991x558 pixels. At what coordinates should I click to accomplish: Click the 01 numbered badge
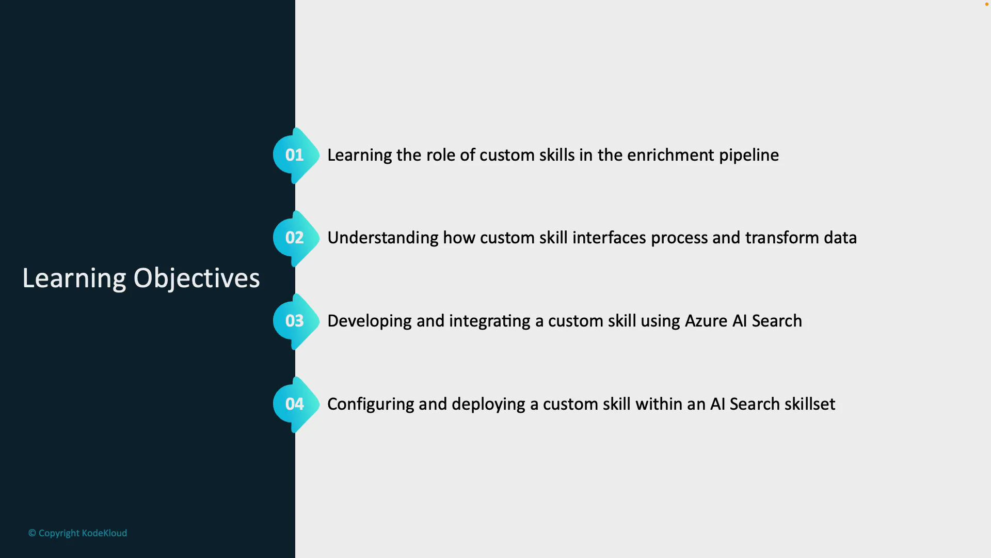pos(295,155)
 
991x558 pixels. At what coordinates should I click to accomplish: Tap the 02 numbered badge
pos(295,238)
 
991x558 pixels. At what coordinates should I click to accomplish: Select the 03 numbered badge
pos(295,321)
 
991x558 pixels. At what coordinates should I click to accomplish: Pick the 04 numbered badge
pos(295,404)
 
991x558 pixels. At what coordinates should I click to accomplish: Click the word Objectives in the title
pos(197,279)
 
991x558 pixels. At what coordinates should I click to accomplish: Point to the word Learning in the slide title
pos(74,279)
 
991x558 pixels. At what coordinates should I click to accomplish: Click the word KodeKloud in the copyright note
pos(104,533)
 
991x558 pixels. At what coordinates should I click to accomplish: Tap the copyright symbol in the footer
pos(32,533)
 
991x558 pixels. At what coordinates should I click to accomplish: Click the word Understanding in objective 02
pos(382,238)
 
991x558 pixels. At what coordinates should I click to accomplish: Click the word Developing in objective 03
pos(369,321)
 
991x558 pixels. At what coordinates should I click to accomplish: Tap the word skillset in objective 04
pos(809,405)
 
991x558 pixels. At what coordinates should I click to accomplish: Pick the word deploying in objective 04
pos(488,405)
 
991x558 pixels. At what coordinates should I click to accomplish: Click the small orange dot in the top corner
pos(987,5)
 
